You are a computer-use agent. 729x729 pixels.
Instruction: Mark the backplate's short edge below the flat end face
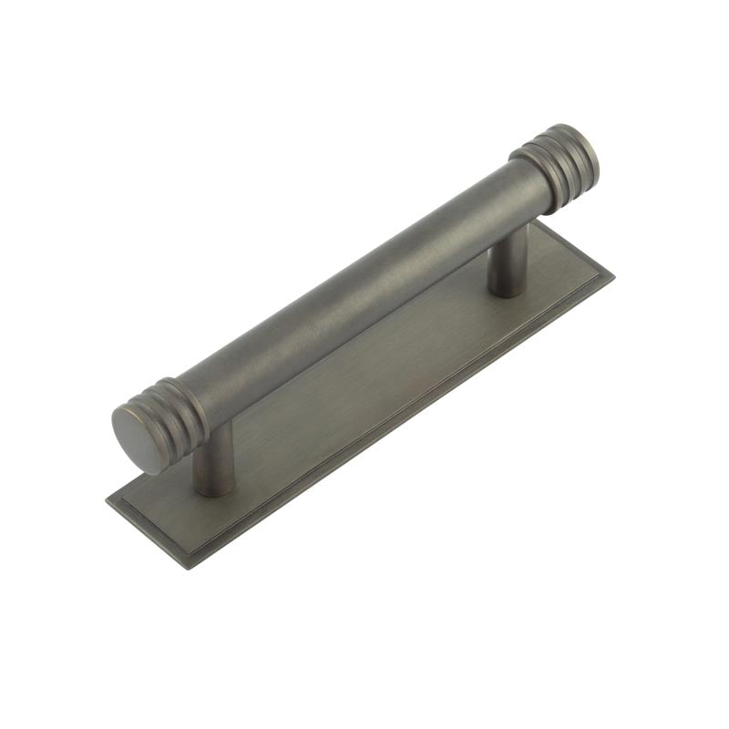click(146, 533)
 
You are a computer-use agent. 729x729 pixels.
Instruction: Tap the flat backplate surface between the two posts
click(364, 383)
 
